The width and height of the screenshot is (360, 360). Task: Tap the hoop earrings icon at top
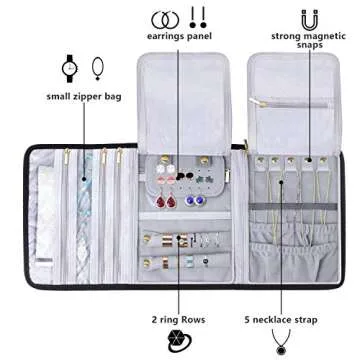coord(162,18)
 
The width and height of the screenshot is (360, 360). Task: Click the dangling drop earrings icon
coord(198,17)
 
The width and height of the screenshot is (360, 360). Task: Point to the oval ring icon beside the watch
coord(97,68)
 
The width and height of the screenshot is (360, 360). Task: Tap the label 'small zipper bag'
coord(85,96)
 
